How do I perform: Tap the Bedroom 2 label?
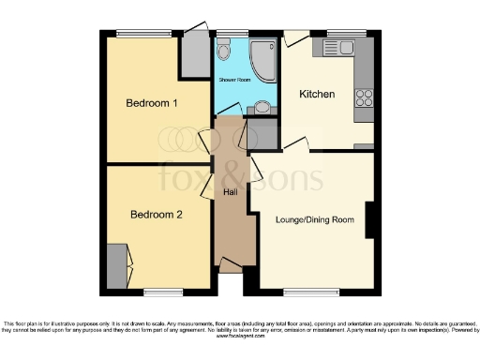pos(156,215)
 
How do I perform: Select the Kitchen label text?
pos(317,95)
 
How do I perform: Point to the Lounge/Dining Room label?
pos(315,219)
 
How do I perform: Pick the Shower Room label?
pos(235,81)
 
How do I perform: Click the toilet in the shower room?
pos(225,50)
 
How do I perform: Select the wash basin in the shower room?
pos(262,107)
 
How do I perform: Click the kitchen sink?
pos(337,47)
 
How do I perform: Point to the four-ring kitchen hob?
pos(363,98)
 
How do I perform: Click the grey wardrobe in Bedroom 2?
pos(116,266)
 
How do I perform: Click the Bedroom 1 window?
pos(142,35)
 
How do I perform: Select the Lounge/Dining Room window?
pos(310,290)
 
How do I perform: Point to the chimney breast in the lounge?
pos(371,219)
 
